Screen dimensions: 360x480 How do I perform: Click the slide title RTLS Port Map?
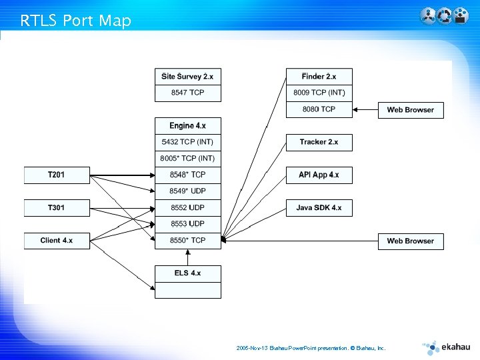(x=75, y=21)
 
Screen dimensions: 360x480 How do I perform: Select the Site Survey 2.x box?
(x=187, y=77)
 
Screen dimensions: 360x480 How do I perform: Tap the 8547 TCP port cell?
(x=187, y=93)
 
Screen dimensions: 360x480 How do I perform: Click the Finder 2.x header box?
(x=319, y=77)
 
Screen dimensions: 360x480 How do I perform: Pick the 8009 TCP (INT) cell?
(x=319, y=93)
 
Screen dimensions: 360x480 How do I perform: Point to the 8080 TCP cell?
(x=319, y=109)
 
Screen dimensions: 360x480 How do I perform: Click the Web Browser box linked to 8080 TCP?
(x=410, y=110)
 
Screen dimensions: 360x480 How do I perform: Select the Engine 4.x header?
(x=187, y=126)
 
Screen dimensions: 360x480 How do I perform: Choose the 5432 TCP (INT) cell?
(x=187, y=142)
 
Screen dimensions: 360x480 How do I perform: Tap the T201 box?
(x=57, y=175)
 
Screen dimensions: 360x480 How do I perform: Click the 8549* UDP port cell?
(x=187, y=191)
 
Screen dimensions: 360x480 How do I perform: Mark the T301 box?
(x=57, y=208)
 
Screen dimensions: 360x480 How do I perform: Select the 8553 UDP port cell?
(x=187, y=224)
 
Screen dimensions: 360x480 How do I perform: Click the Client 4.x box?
(x=57, y=241)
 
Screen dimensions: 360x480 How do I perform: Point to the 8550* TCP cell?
(x=187, y=240)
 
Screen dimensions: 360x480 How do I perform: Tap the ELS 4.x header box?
(x=187, y=273)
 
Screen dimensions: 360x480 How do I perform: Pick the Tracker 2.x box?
(x=319, y=142)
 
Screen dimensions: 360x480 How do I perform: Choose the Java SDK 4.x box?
(x=319, y=208)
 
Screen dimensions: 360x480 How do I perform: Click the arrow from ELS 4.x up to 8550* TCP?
(x=187, y=257)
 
